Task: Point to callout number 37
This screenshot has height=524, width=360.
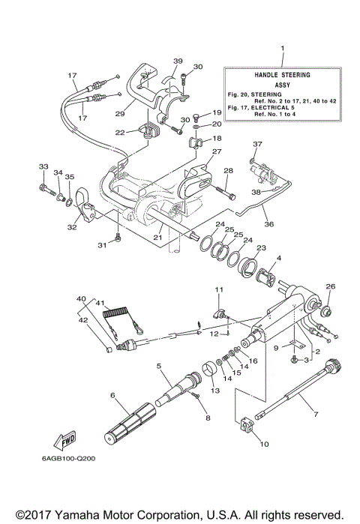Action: pyautogui.click(x=257, y=144)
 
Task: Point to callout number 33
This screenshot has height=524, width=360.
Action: pyautogui.click(x=43, y=166)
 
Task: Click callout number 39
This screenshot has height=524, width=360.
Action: pyautogui.click(x=178, y=61)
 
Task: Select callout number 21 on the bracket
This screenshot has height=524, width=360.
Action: pyautogui.click(x=158, y=238)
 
